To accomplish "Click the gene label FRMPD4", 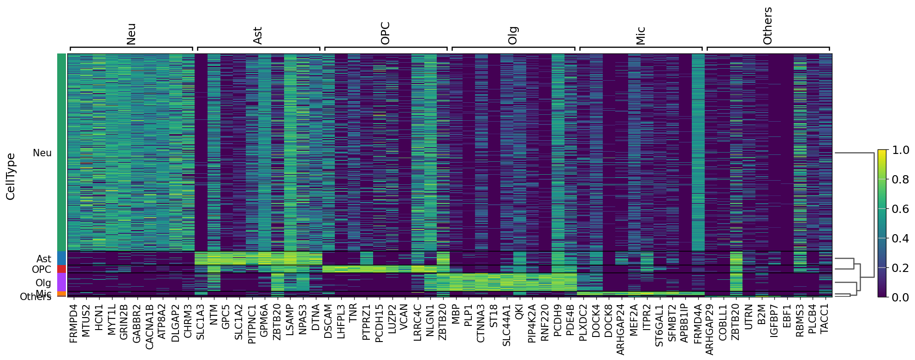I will click(74, 323).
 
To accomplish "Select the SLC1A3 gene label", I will click(201, 322).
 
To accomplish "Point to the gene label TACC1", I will click(825, 319).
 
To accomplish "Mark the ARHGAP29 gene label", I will click(710, 330).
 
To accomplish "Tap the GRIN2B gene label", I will click(124, 322).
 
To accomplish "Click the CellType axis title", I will click(11, 177).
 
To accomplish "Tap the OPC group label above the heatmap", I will click(386, 33).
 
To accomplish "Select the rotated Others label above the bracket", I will click(767, 26).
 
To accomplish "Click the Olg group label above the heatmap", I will click(513, 35).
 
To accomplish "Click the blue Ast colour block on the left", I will click(62, 258).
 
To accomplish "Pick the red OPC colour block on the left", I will click(62, 269).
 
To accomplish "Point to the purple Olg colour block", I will click(62, 282).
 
